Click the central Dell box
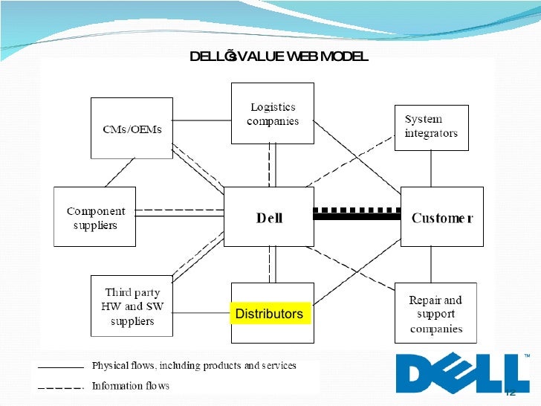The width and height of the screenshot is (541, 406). pos(268,216)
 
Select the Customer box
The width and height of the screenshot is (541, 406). pos(441,216)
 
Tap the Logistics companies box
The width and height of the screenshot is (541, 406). pos(272,113)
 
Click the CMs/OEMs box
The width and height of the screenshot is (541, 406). pos(132,127)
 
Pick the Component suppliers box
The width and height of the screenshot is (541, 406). pos(94,216)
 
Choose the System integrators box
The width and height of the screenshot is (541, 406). pos(431,127)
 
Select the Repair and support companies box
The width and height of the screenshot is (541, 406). pos(435,313)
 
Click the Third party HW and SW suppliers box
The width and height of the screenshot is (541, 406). pos(132,306)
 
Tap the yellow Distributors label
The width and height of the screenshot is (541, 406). pos(269,314)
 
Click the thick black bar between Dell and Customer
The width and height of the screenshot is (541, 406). pos(357,216)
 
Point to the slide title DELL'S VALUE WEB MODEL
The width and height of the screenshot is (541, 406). pos(279,57)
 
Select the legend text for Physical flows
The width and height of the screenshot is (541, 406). pos(193,366)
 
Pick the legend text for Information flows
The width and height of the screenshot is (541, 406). pos(130,385)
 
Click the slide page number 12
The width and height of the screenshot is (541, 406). pos(510,393)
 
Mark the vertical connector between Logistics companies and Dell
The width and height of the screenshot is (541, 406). pos(272,164)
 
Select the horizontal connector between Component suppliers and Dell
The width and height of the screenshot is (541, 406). pos(180,213)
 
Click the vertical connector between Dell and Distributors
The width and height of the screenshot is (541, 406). pos(272,264)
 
